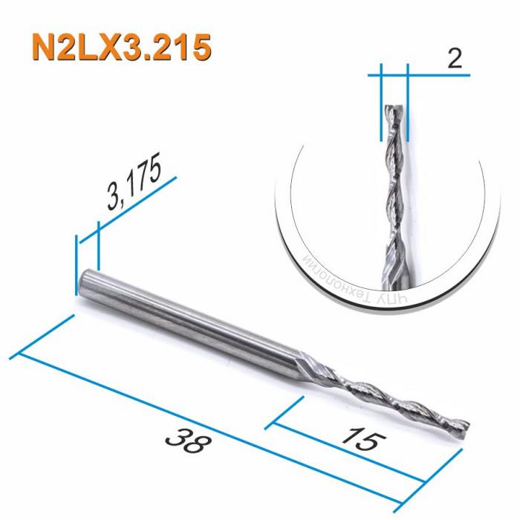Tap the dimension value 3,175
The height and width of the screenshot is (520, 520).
134,185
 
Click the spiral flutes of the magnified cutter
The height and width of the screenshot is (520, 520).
394,193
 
